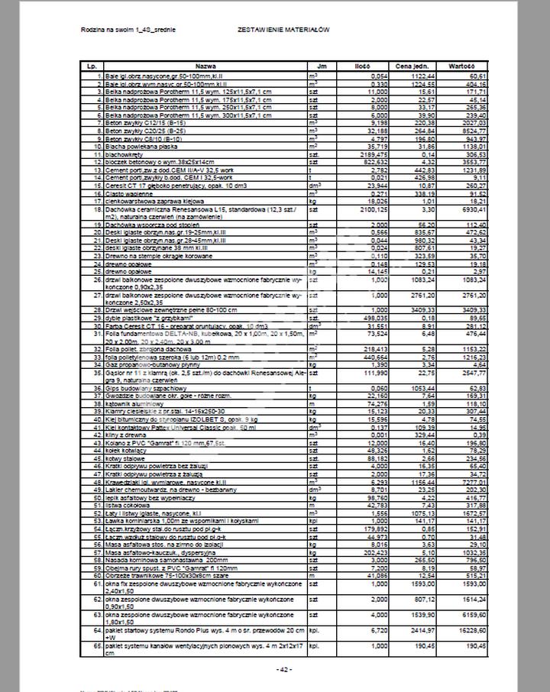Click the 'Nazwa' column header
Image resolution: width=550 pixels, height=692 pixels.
pos(205,66)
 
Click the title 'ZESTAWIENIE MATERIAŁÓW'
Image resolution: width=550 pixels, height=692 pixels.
pos(283,29)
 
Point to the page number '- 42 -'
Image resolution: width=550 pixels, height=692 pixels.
pos(283,669)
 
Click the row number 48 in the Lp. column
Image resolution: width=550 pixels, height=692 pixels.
pos(98,483)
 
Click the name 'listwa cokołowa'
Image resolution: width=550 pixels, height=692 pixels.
pos(126,505)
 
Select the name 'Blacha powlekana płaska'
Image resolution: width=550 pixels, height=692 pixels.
pos(142,146)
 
